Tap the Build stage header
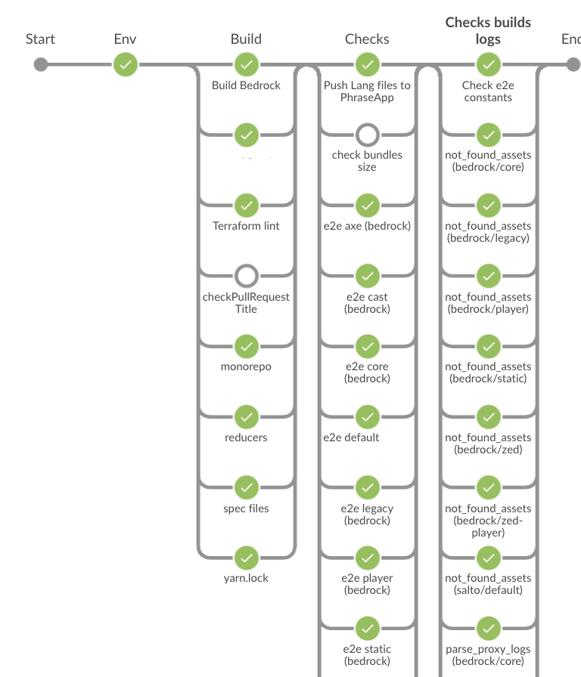(x=246, y=39)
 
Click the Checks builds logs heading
(x=488, y=31)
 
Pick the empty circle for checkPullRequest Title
(x=246, y=275)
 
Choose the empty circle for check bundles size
(x=367, y=134)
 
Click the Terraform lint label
(x=246, y=226)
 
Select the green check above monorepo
(x=246, y=346)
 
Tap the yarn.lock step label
(x=246, y=578)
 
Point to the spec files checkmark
(x=246, y=487)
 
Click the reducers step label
(x=246, y=437)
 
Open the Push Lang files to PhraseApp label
(x=367, y=91)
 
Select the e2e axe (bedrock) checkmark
(x=367, y=205)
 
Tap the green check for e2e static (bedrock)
(x=367, y=628)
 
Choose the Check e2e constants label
(x=488, y=91)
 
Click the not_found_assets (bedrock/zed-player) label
(x=488, y=521)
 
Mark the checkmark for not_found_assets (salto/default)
(x=488, y=558)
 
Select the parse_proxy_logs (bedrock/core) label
(x=488, y=655)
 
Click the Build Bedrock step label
(x=246, y=85)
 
